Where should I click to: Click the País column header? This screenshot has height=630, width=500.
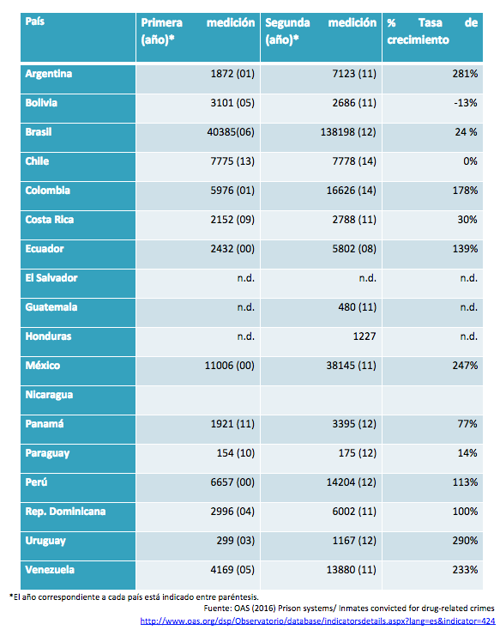[35, 21]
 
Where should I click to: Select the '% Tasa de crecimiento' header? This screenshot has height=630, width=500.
[432, 31]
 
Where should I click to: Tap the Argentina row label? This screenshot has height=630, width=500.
[49, 74]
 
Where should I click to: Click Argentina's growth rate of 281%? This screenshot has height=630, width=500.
[465, 74]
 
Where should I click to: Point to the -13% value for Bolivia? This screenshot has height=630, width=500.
[466, 103]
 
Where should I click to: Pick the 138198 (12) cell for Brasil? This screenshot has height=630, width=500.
[348, 132]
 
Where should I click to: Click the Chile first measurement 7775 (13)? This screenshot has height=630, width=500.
[232, 161]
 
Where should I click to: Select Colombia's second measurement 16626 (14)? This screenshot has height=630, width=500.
[352, 191]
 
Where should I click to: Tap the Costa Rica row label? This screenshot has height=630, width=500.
[50, 220]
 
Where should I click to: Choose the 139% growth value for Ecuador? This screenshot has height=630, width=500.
[465, 249]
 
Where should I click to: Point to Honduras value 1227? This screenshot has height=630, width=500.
[364, 336]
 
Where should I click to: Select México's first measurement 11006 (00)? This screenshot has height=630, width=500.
[230, 366]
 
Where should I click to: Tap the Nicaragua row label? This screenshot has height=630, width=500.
[49, 395]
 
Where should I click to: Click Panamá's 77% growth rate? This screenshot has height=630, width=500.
[467, 424]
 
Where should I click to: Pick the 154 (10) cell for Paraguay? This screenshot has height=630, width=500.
[236, 453]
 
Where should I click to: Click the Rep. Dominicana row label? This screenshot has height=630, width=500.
[65, 512]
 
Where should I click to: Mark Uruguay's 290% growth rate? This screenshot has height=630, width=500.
[465, 541]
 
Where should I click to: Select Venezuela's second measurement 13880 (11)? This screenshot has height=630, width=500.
[352, 570]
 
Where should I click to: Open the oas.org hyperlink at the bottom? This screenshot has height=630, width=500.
[317, 621]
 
